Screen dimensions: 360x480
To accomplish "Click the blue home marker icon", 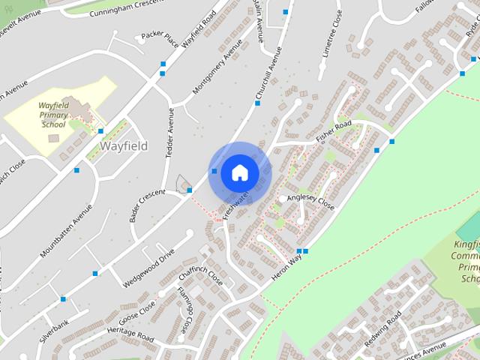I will pos(239,173).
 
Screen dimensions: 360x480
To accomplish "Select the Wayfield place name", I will pos(124,145).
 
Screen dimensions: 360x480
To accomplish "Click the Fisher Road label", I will pos(334,132).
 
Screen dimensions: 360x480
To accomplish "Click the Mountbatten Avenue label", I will pos(67,231).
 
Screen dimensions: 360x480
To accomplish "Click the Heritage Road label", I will pos(130,333).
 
